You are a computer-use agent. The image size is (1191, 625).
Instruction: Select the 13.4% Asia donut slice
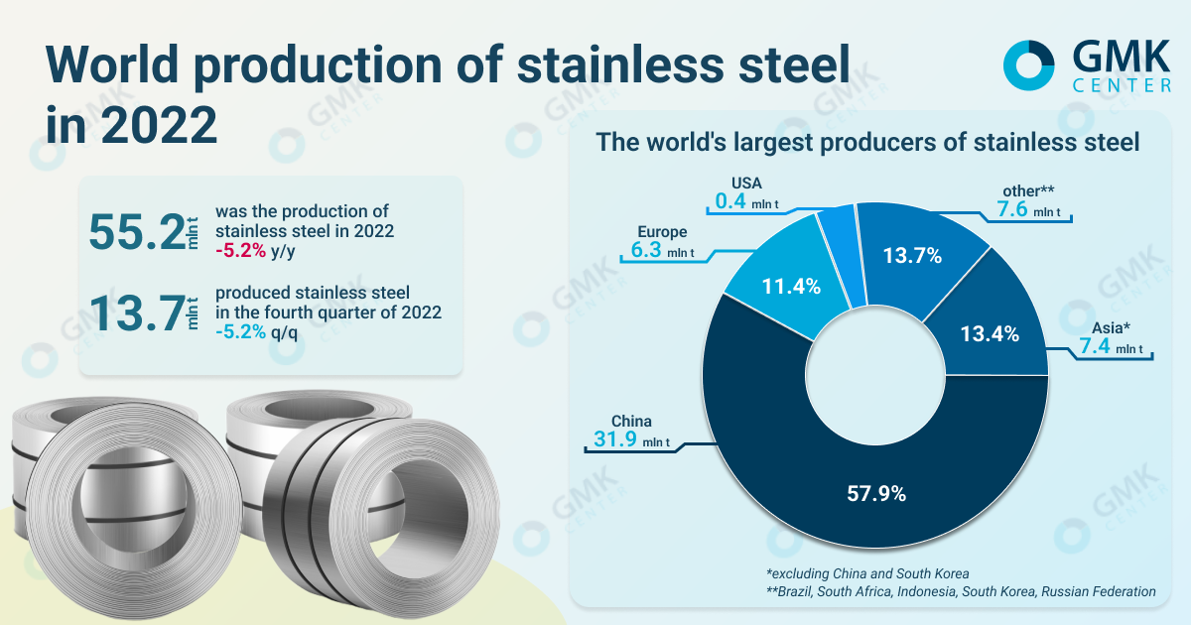990,333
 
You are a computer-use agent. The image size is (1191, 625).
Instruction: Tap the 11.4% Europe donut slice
792,288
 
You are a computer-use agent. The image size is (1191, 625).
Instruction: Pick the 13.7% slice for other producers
912,256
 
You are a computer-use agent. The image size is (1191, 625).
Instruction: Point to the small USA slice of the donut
839,238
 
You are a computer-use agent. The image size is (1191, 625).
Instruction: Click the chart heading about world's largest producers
866,142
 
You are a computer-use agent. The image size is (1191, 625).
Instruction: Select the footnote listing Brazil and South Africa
960,591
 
